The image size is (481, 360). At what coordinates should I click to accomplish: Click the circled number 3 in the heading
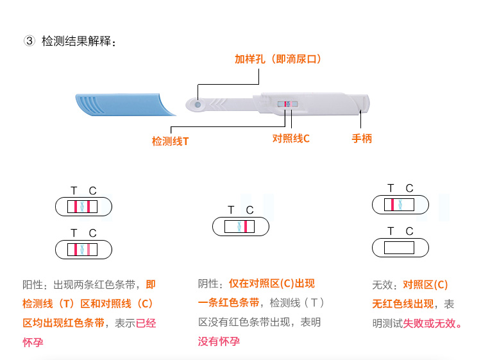point(29,41)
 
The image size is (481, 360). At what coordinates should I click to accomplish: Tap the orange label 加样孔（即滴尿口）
point(278,59)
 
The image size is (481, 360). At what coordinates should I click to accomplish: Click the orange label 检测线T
point(170,141)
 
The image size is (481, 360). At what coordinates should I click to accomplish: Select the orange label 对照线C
point(291,139)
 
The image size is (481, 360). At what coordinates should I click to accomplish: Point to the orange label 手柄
point(362,139)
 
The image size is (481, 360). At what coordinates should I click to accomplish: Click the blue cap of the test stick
point(125,105)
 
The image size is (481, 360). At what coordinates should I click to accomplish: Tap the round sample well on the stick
point(198,105)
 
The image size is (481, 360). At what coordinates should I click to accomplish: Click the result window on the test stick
point(288,104)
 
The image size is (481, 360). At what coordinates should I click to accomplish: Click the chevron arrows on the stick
point(219,105)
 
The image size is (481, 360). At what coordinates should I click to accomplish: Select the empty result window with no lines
point(399,248)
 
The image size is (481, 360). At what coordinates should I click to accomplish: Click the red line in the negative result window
point(246,227)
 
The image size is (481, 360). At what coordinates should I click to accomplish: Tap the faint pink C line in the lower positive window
point(89,250)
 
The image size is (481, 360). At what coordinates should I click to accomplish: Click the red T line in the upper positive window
point(76,207)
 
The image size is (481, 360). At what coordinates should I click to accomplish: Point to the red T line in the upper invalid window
point(392,205)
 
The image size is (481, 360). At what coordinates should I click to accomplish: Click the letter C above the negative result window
point(249,210)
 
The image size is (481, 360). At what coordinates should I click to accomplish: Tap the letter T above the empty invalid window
point(391,231)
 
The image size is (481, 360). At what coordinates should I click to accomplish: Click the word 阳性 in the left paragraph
point(33,285)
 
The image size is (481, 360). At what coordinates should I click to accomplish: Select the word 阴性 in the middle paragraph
point(208,284)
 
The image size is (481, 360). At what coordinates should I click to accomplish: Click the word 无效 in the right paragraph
point(382,285)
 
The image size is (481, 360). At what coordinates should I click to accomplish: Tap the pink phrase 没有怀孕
point(219,341)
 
